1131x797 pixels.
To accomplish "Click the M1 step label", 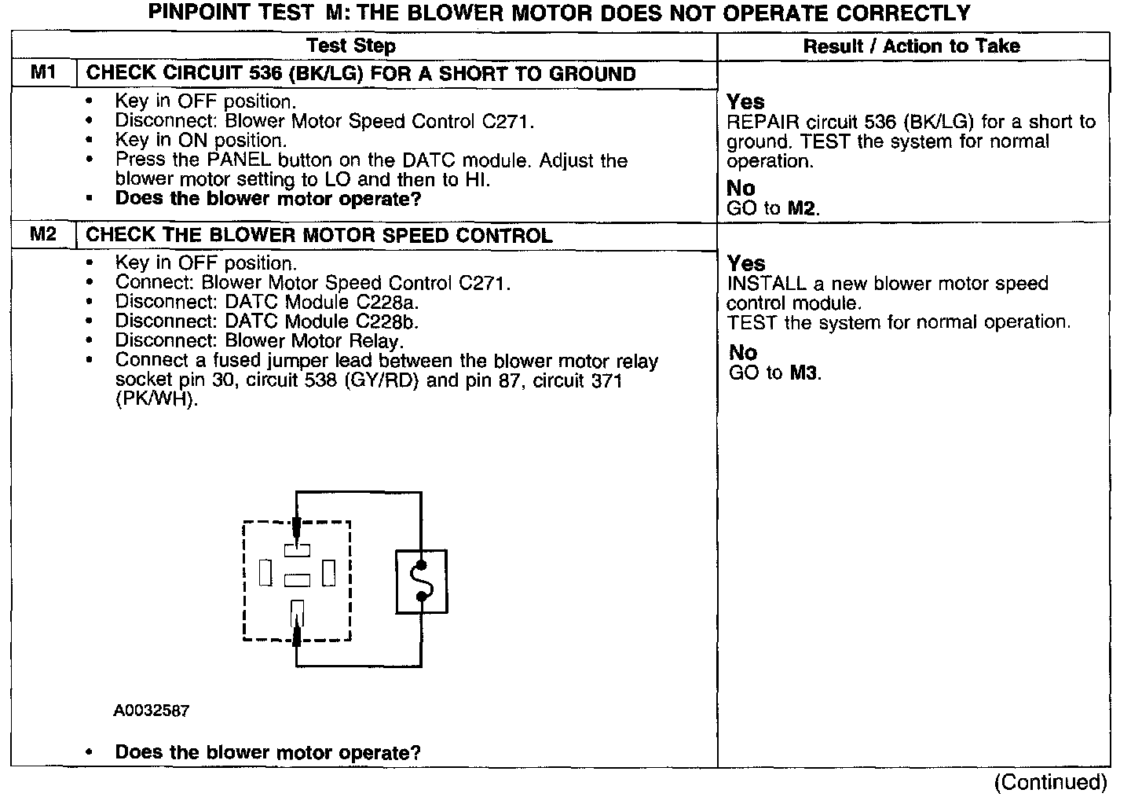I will [x=43, y=73].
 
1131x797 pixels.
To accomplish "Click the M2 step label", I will [x=43, y=234].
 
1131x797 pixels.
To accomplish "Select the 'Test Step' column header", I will [x=350, y=46].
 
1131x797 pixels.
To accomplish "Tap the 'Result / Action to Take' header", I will [x=911, y=46].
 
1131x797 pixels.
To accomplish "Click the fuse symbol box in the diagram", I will [x=422, y=582].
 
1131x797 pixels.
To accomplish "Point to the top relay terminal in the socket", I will [x=297, y=549].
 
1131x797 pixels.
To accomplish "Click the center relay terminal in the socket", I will [x=297, y=581].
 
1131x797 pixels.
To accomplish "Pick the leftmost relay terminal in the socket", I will [x=265, y=573].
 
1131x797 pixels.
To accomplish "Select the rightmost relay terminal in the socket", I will [x=329, y=573].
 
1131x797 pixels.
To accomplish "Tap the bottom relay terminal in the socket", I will [x=297, y=611].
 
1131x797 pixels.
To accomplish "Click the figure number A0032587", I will [x=151, y=711].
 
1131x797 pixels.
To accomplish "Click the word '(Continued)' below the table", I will [x=1050, y=782].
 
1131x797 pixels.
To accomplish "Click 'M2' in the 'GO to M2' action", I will [x=802, y=209].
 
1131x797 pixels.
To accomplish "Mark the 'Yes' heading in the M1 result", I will [x=745, y=102].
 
